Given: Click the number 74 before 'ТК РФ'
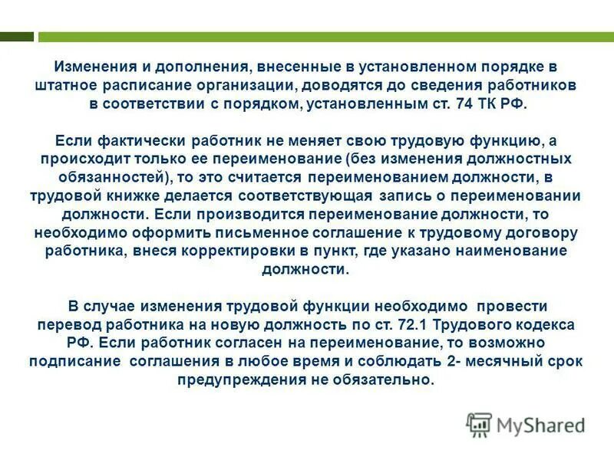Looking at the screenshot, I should click(x=470, y=105).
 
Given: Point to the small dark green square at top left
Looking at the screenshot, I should click(x=17, y=36).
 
